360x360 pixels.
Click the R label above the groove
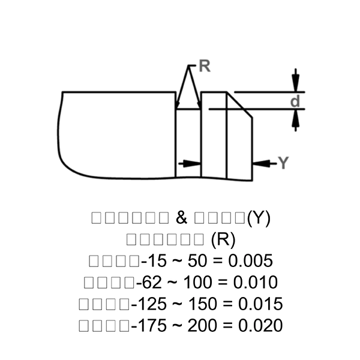[205, 67]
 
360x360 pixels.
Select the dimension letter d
[295, 101]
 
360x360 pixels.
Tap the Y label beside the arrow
[284, 163]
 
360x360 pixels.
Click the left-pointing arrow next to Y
[261, 163]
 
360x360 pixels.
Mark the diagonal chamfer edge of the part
[240, 105]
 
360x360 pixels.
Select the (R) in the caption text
[224, 239]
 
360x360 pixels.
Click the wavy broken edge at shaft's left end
[60, 135]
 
